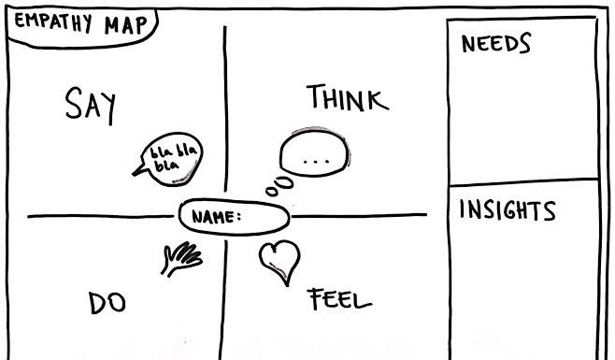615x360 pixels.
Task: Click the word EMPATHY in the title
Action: pos(53,22)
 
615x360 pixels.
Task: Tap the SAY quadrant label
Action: pos(91,105)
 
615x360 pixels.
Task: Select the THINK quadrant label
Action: pos(348,97)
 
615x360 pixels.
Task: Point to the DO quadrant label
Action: pos(107,303)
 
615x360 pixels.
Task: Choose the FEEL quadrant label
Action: pos(339,299)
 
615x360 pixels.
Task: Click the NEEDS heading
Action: pos(495,43)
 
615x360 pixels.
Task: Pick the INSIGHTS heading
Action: pos(508,210)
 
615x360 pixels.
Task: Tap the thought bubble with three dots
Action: pos(315,151)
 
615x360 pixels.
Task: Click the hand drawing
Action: pos(181,258)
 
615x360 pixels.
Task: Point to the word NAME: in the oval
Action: pos(216,217)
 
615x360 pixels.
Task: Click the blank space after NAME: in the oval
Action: pos(264,217)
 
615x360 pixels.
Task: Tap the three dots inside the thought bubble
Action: pos(316,161)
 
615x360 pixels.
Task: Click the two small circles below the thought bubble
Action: pos(279,186)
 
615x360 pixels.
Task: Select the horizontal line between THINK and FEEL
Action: pos(359,215)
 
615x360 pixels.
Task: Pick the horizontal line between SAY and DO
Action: pos(100,216)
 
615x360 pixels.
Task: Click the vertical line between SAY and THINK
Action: pos(225,108)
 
